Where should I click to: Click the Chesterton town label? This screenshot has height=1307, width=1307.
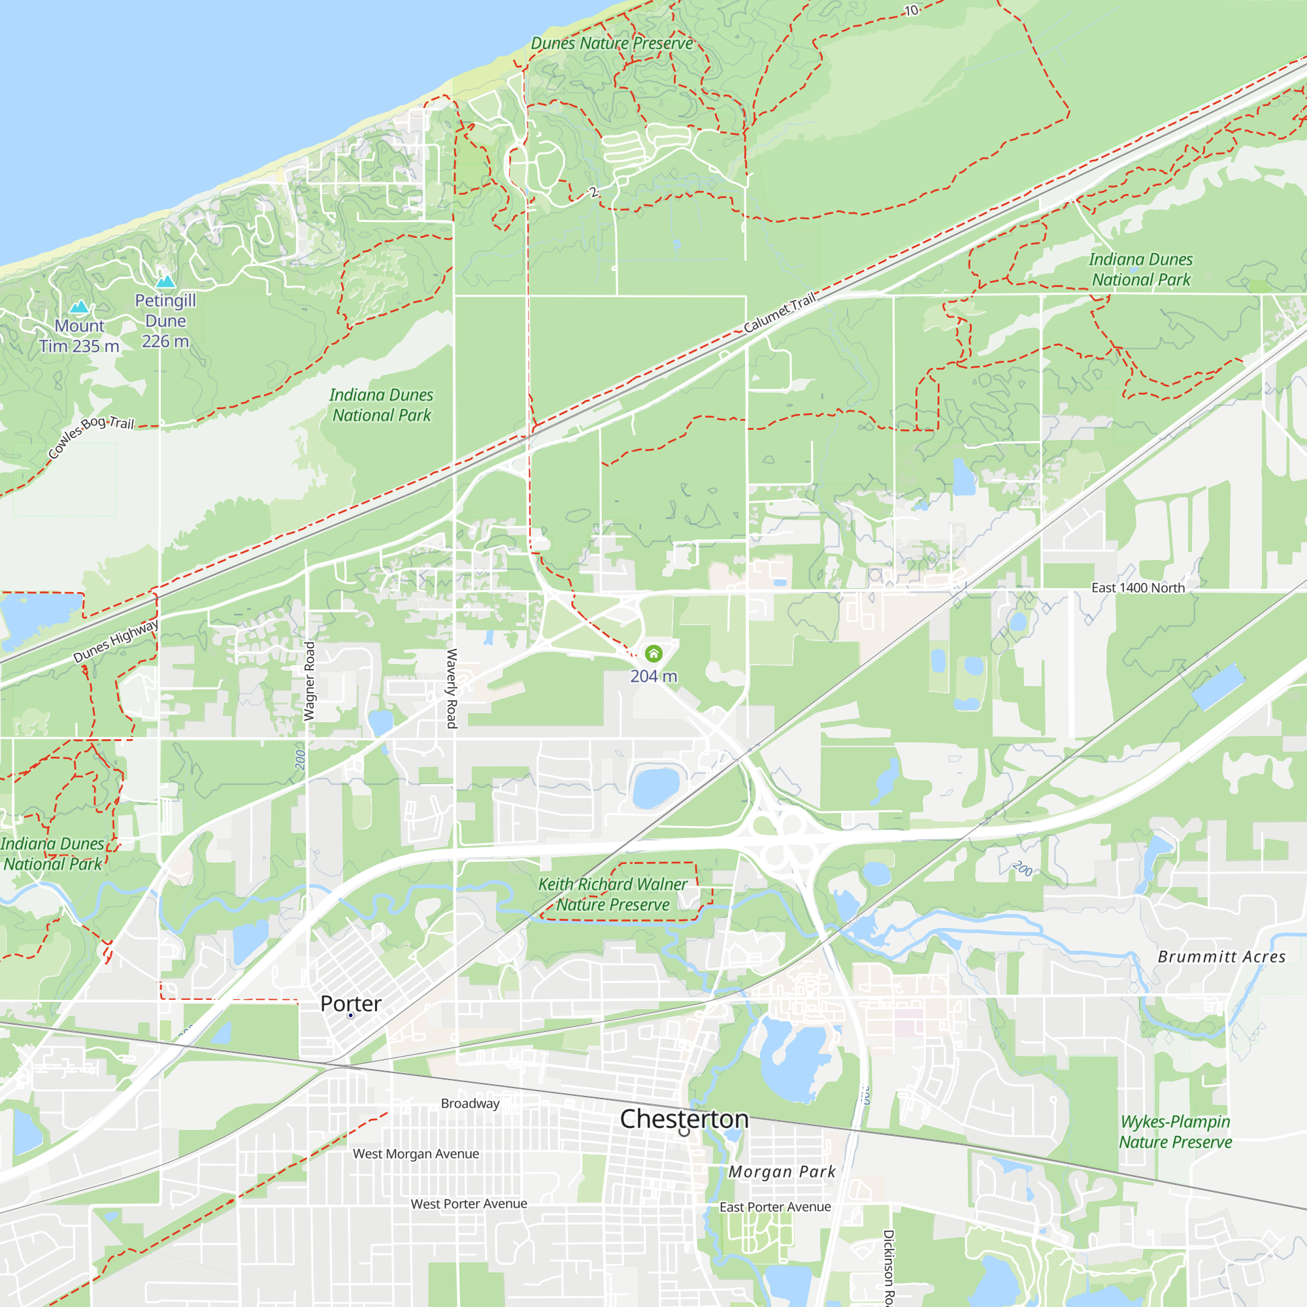684,1119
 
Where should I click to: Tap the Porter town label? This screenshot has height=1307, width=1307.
350,1003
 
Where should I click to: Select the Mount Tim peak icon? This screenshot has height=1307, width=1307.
80,307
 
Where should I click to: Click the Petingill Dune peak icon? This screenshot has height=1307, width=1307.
165,281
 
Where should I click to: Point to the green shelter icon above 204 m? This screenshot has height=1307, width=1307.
653,653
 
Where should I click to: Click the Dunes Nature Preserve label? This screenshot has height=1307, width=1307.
612,43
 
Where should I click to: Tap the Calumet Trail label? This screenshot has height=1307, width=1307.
780,312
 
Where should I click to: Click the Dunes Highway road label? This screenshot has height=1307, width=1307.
116,640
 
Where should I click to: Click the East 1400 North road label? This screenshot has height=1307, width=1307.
1138,588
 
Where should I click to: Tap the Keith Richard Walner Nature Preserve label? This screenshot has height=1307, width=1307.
612,895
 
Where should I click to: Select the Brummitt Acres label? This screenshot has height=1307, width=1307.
1221,957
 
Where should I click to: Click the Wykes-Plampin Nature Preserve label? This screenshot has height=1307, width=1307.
1175,1132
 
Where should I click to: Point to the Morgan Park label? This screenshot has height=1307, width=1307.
782,1172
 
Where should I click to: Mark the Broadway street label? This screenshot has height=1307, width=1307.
470,1103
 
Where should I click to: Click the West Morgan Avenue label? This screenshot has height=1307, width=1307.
416,1153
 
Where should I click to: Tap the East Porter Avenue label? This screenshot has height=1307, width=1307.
775,1207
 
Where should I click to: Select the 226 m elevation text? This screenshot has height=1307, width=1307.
165,341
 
